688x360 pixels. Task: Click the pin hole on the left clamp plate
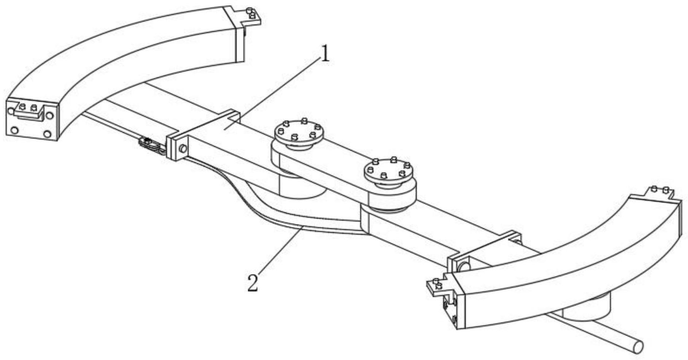pyautogui.click(x=183, y=148)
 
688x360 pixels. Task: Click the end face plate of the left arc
pyautogui.click(x=32, y=120)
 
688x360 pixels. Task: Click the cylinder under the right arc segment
pyautogui.click(x=588, y=306)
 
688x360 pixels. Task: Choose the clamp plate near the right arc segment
pyautogui.click(x=483, y=251)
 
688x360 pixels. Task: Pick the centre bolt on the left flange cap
pyautogui.click(x=294, y=136)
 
